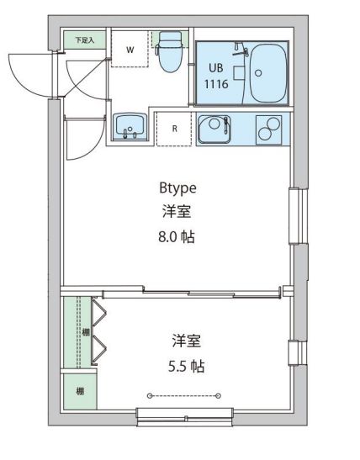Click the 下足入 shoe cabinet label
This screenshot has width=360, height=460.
tap(83, 40)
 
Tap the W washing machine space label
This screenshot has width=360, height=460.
tap(130, 50)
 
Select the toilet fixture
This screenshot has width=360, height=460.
tap(171, 50)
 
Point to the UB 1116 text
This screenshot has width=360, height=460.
tap(215, 77)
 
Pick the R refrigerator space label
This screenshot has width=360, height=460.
tap(174, 129)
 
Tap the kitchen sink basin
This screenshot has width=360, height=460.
tap(215, 129)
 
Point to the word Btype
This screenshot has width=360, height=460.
tap(177, 188)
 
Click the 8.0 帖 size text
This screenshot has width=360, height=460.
tap(177, 237)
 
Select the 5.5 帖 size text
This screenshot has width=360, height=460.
tap(186, 367)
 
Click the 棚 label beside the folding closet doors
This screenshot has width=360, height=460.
tap(85, 333)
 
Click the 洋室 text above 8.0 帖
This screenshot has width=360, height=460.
tap(177, 212)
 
